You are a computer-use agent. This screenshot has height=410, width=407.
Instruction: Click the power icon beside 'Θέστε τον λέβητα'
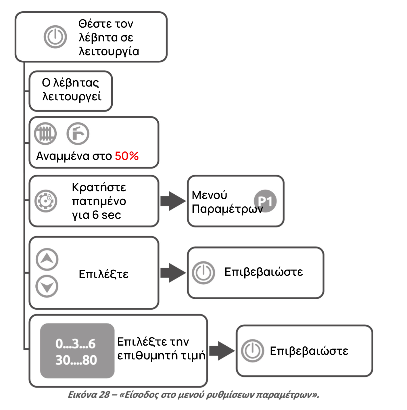55,37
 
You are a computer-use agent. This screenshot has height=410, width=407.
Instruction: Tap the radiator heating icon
45,134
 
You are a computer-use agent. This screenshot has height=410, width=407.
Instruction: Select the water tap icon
78,134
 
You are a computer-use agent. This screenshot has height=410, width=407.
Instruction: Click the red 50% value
127,156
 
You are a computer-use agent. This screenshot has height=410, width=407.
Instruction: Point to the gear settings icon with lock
46,201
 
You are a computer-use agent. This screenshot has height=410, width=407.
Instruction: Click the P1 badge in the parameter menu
265,201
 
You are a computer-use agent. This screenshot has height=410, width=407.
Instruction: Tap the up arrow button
47,259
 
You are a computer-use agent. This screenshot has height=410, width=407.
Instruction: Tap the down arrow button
47,286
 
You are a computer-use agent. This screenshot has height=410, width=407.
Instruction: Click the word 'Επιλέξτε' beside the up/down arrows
103,274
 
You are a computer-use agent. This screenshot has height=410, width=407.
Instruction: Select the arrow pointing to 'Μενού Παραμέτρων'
173,201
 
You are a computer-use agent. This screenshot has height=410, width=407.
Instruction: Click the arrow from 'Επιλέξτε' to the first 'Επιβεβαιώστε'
173,273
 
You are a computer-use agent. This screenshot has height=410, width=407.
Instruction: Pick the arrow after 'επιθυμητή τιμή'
222,351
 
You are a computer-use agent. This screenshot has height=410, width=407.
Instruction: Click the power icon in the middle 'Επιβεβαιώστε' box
203,273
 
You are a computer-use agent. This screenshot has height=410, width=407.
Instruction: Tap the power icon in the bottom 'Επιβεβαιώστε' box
253,351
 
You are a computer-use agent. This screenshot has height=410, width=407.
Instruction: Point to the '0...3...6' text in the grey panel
76,344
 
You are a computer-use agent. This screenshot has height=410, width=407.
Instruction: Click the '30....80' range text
76,360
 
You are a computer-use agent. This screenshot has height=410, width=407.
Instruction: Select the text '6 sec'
107,215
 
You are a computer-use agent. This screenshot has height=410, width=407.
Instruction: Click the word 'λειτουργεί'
72,97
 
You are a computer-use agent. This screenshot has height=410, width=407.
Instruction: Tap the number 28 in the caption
104,395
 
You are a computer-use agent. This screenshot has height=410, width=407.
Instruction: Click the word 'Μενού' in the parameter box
209,195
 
